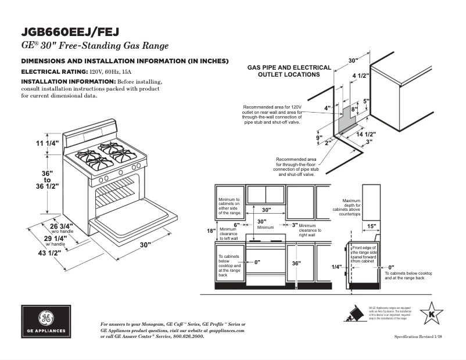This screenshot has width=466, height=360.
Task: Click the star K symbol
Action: tap(431, 314)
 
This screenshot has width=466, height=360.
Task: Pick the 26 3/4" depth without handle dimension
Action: tap(62, 226)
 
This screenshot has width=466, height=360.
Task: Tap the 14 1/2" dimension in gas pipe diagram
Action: tap(366, 134)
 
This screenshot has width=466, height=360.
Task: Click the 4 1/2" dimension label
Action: tap(361, 75)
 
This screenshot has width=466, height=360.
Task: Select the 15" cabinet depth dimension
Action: tap(372, 226)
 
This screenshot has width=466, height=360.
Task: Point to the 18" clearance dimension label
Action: tap(211, 231)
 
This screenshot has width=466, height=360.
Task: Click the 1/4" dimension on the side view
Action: tap(336, 267)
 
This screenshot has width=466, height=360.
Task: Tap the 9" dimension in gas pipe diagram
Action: tap(318, 138)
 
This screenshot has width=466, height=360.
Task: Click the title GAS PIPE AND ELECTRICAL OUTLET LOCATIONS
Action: tap(289, 71)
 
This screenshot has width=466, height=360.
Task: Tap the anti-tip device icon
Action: tap(352, 314)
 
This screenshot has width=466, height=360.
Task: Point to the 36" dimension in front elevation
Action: tap(296, 263)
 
